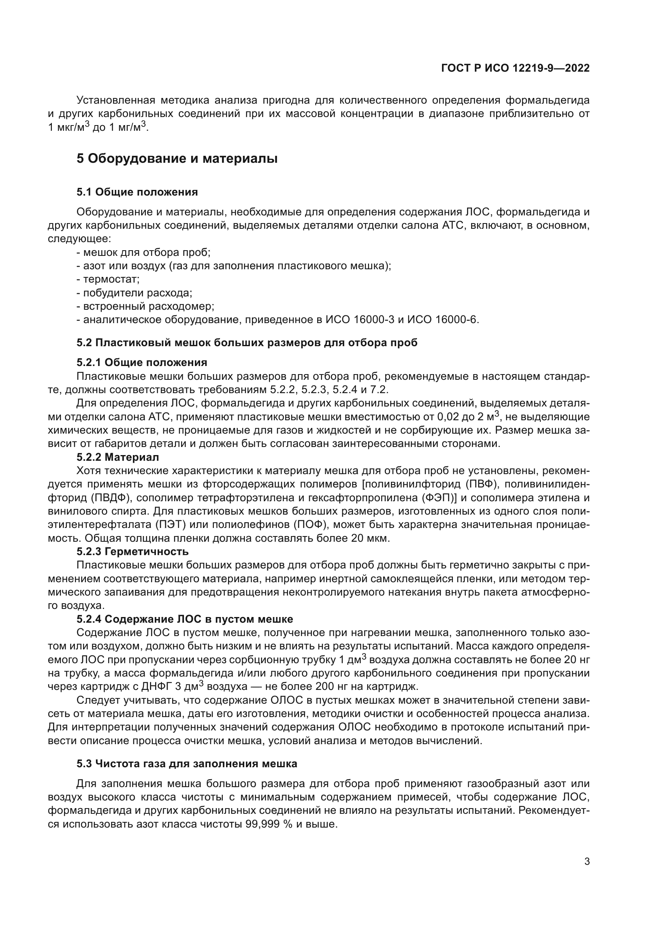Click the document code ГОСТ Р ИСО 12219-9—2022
515,68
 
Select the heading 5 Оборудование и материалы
177,158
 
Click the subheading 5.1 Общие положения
137,192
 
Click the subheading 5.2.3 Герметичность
132,551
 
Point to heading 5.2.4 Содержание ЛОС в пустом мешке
185,619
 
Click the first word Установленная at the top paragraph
116,100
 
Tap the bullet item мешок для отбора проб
147,252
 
